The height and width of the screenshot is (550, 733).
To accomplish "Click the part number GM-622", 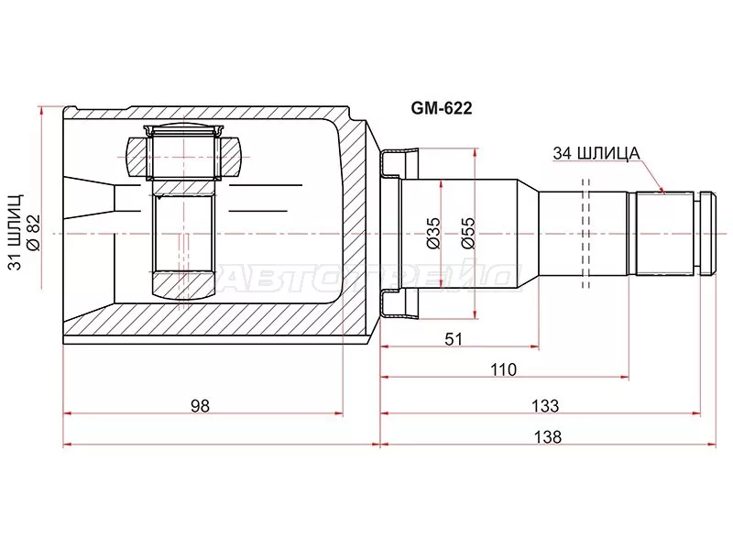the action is pos(442,108).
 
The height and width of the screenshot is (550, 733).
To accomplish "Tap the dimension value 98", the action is pos(200,405).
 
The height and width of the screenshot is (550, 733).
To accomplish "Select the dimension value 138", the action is pos(547,437).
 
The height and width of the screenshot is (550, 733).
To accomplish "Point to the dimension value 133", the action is pos(545,405).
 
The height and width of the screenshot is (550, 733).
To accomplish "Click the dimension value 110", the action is pos(503,370).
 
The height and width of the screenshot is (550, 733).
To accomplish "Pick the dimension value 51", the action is pos(454,339).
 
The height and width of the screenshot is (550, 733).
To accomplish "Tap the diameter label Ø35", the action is pos(433,234).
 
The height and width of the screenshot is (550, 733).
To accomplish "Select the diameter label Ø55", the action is pos(467,234).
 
